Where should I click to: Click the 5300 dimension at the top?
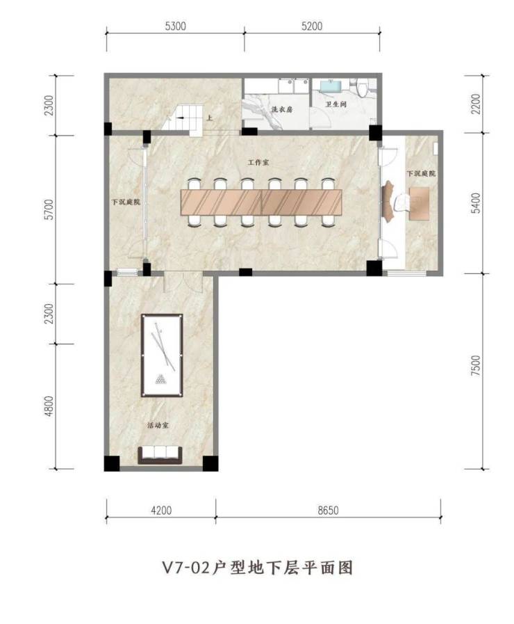175,26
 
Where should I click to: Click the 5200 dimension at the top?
312,26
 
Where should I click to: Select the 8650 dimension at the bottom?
328,510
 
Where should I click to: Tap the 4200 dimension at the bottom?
161,510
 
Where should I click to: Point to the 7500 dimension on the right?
476,365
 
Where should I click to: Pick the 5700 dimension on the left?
49,209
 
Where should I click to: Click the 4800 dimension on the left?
49,406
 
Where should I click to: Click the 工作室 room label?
258,163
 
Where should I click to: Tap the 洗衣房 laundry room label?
281,109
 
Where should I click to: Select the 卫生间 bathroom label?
336,104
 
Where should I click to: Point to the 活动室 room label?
158,426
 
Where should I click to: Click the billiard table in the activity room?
162,355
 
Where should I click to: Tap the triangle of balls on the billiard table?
161,379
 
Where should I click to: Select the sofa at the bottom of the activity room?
160,455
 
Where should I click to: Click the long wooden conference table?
261,202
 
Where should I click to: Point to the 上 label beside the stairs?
209,118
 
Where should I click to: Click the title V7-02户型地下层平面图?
258,568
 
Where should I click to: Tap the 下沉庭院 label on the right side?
421,173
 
